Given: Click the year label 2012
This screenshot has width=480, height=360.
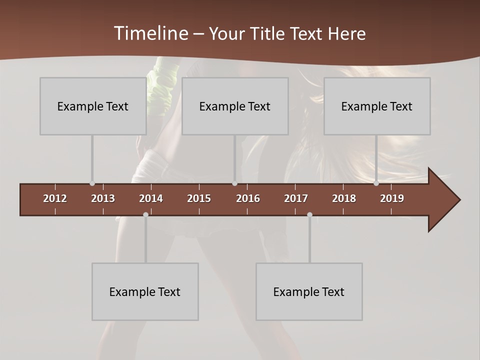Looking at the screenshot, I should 55,198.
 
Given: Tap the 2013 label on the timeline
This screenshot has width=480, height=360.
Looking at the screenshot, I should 103,198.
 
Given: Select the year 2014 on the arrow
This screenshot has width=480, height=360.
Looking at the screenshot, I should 151,198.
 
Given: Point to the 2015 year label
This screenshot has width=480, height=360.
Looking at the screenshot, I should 199,198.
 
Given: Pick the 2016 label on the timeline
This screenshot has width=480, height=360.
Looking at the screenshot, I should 248,198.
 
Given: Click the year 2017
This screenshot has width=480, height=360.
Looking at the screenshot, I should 296,198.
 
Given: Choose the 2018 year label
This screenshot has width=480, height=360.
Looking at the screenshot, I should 344,198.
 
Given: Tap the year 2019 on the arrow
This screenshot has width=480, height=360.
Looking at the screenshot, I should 392,198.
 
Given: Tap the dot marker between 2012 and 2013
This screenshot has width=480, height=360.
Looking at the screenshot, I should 92,183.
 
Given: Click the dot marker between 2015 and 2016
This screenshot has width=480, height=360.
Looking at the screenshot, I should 234,183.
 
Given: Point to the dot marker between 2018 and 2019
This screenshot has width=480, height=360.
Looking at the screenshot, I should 376,183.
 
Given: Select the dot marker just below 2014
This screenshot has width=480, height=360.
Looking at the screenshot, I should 145,214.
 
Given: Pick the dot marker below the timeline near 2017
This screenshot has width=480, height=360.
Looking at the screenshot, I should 309,214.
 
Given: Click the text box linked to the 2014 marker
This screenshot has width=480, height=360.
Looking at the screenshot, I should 145,291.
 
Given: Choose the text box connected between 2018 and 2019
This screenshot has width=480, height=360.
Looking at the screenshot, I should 377,106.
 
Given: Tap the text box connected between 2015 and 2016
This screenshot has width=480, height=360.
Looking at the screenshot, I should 235,106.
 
